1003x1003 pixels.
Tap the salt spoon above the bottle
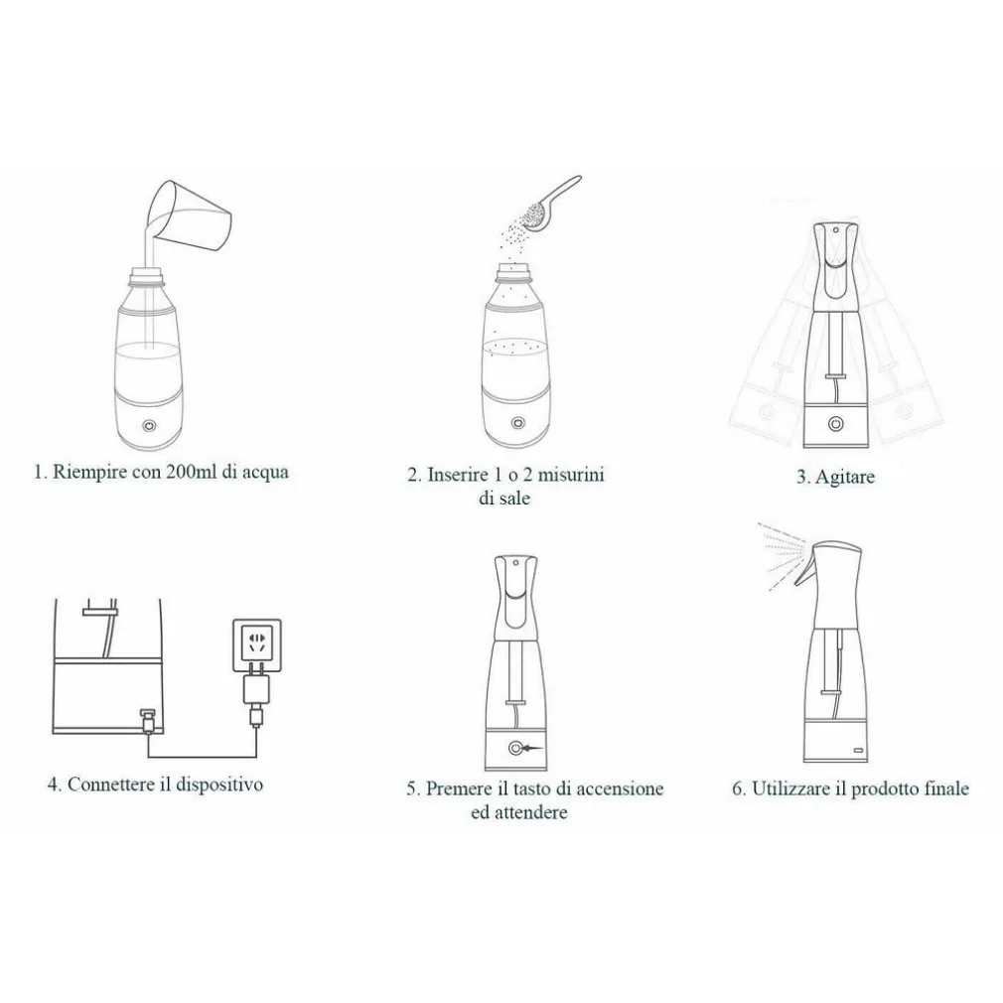(549, 204)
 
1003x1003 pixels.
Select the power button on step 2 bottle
(517, 423)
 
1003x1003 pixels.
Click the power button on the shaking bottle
(835, 423)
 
